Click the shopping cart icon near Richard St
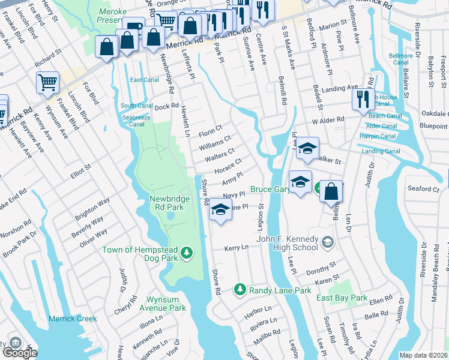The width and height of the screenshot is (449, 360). pos(47,82)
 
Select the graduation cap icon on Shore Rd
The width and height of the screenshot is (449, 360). pos(221,211)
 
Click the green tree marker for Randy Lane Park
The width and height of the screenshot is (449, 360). pos(240,290)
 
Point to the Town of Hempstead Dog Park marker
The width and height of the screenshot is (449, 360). pos(187,254)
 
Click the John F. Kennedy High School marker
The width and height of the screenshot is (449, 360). pos(327,242)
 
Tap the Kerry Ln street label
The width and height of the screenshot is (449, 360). pos(236,248)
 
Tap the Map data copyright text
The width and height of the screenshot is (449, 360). pos(424,355)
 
